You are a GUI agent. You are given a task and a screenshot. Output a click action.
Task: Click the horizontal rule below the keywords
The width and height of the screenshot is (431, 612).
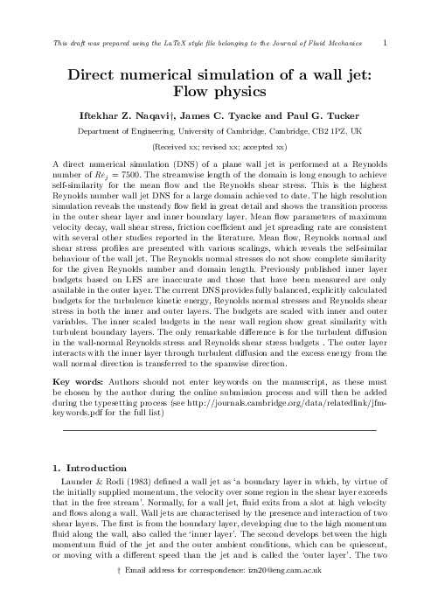click(x=215, y=456)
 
